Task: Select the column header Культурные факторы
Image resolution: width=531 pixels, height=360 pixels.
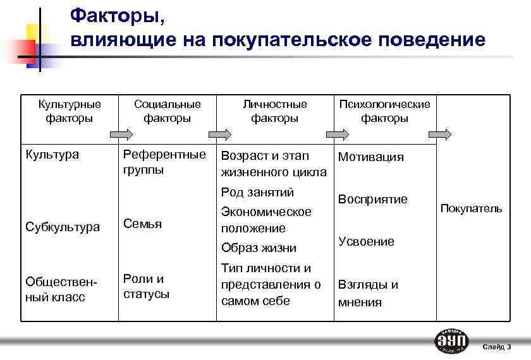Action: point(70,111)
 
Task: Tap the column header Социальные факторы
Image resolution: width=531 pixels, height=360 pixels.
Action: point(167,111)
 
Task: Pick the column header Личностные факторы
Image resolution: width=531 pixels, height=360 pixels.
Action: point(275,111)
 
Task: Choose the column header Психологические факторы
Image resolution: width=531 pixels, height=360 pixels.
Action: point(384,111)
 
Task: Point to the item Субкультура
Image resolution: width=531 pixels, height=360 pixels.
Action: point(62,227)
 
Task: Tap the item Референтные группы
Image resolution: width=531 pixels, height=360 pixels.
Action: point(164,162)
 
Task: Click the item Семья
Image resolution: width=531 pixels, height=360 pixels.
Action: point(142,224)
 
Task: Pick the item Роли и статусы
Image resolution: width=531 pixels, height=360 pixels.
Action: point(146,286)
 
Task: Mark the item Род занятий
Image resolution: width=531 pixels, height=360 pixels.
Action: point(257,192)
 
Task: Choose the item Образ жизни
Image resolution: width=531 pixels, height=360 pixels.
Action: point(259,248)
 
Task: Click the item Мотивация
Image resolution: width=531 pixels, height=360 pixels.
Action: point(370,157)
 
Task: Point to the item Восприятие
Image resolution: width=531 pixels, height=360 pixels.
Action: point(372,200)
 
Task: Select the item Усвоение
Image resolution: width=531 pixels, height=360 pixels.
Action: point(366,241)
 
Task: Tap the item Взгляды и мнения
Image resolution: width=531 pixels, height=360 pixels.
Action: point(368,293)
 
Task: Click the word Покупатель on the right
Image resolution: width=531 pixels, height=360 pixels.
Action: point(471,208)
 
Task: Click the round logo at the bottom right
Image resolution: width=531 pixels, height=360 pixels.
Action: point(452,341)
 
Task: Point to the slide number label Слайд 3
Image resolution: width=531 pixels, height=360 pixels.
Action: point(497,347)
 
